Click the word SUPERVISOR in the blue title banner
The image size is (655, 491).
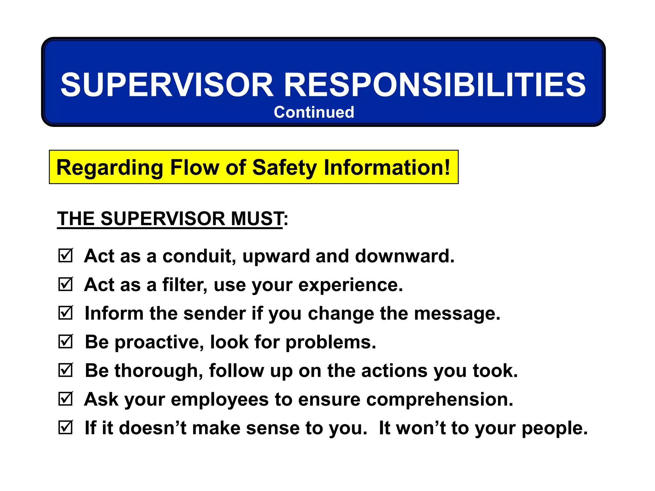(x=167, y=85)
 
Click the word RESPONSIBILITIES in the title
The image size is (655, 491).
(x=435, y=85)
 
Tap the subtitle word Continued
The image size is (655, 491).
(x=314, y=112)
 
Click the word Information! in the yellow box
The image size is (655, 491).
(x=387, y=168)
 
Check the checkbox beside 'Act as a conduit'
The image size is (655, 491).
(x=66, y=256)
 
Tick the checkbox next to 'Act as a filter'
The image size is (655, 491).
(x=66, y=284)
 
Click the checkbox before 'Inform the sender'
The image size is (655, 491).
(x=66, y=313)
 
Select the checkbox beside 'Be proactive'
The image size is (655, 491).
(x=66, y=342)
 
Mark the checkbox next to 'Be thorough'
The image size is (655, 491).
(x=66, y=370)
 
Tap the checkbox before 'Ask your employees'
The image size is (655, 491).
(x=66, y=399)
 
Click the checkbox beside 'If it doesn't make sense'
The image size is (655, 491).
(x=66, y=428)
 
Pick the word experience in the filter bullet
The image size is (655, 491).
(x=350, y=285)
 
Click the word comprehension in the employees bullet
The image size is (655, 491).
(x=439, y=400)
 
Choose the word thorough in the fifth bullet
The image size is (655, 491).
(x=158, y=371)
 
